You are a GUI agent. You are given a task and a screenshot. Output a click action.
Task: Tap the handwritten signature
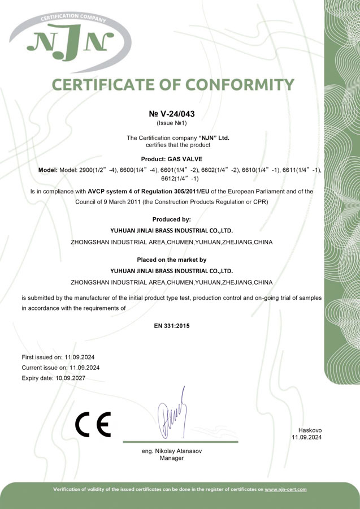(172, 413)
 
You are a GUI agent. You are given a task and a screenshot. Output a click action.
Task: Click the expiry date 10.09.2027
(70, 378)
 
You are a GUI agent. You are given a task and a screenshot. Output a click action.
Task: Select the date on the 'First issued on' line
(82, 357)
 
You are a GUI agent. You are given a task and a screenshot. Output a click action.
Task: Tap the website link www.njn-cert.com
(285, 489)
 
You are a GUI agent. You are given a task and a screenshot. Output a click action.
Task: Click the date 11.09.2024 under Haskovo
(306, 438)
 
